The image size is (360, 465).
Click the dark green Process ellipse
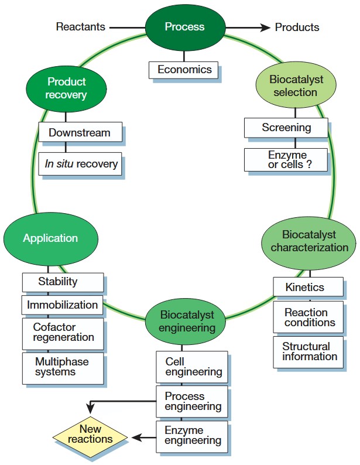tap(184, 27)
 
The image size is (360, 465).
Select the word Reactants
tap(81, 27)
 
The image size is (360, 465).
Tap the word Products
tap(297, 27)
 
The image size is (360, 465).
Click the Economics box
tap(184, 70)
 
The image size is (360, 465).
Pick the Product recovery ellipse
tap(66, 88)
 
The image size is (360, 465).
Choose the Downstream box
tap(80, 132)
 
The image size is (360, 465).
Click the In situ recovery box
tap(81, 164)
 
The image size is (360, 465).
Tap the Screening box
tap(286, 128)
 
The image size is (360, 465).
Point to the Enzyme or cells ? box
tap(286, 160)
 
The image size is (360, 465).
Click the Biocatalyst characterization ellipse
tap(309, 241)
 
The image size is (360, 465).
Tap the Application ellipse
tap(50, 238)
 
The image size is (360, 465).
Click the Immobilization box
tap(62, 305)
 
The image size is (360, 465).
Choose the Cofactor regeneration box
tap(63, 333)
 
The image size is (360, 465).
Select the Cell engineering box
tap(192, 367)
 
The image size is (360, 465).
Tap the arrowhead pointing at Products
tap(265, 27)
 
